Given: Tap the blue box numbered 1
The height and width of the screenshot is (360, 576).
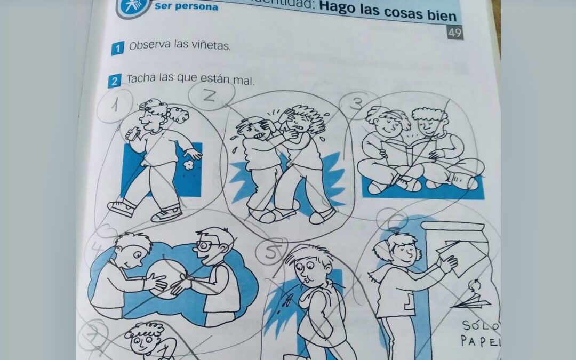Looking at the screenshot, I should click(117, 49).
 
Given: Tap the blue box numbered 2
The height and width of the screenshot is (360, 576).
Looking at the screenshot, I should click(114, 82).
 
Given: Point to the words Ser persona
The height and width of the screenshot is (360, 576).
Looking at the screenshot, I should click(186, 7).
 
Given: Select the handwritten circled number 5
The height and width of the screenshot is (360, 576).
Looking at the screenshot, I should click(271, 253).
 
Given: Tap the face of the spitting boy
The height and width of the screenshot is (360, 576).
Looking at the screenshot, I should click(305, 267).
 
